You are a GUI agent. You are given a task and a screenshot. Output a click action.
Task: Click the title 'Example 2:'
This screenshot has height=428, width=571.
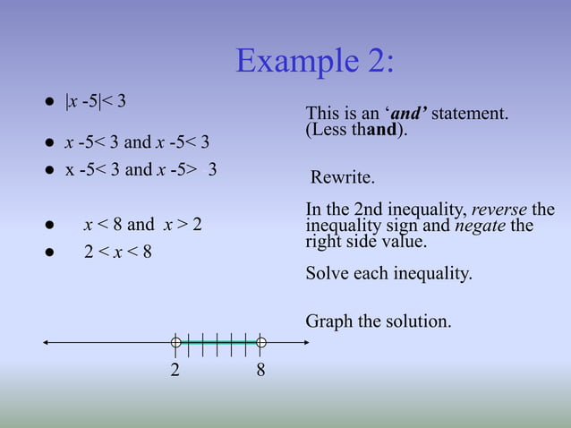tap(314, 61)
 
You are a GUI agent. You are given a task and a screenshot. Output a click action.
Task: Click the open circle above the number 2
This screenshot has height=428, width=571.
tap(176, 341)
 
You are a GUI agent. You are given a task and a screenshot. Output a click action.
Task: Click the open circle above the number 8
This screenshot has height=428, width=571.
tap(260, 341)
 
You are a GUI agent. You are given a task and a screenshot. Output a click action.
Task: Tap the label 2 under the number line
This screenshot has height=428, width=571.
tap(176, 370)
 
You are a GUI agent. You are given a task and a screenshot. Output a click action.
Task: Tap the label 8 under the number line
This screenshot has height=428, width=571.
tap(260, 370)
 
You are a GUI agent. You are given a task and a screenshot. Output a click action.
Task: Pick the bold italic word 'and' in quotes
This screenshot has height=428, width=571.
tap(409, 114)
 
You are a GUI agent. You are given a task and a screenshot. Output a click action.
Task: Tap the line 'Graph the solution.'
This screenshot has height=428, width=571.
tap(379, 320)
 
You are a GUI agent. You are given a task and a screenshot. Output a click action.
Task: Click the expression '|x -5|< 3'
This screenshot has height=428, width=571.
tap(95, 100)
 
